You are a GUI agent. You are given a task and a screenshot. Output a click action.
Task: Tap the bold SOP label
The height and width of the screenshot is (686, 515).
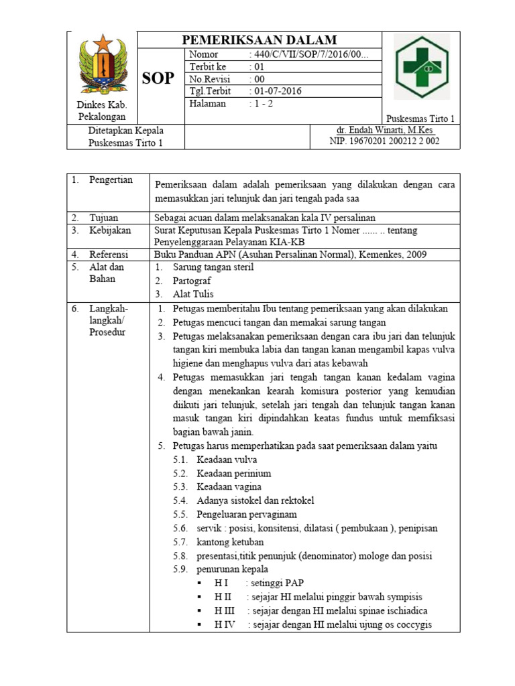coord(158,79)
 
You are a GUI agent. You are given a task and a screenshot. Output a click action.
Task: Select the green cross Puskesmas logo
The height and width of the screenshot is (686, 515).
coord(422,68)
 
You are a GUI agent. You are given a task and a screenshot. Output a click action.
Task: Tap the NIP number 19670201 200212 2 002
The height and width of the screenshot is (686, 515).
coord(384,141)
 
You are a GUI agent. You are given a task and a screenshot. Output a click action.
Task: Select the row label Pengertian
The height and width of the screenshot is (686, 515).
coord(111,180)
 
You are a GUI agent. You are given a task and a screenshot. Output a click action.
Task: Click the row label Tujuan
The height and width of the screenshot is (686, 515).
coord(104,218)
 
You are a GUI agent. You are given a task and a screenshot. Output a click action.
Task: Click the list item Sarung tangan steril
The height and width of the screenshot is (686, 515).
coord(204,267)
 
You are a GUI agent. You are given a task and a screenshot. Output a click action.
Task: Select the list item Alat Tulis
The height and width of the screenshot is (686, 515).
coord(194,294)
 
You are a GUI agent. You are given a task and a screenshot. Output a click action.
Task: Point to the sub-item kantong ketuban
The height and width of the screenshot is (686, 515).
coord(230,542)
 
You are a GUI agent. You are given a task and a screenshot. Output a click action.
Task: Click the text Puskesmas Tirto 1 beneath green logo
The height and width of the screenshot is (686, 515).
coord(421,119)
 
